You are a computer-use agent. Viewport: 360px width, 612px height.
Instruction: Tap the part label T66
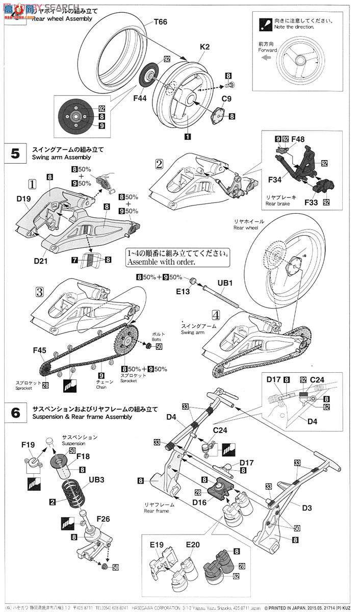pos(161,22)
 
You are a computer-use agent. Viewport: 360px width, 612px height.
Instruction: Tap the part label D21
pos(41,261)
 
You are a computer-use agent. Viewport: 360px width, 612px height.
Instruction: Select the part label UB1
pos(225,283)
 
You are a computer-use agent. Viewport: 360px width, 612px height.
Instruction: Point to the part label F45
pos(40,350)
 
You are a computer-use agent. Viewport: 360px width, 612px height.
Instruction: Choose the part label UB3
pos(96,480)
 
